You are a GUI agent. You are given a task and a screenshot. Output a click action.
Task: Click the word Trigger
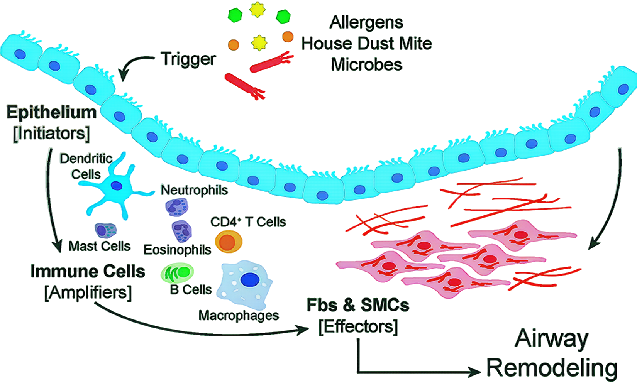pyautogui.click(x=188, y=59)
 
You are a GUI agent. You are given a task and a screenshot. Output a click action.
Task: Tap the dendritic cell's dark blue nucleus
pyautogui.click(x=117, y=186)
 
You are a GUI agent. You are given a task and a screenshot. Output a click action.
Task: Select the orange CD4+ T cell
pyautogui.click(x=229, y=242)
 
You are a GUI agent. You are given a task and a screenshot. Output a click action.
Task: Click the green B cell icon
pyautogui.click(x=177, y=273)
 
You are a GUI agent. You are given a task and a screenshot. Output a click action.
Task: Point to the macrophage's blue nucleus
pyautogui.click(x=250, y=279)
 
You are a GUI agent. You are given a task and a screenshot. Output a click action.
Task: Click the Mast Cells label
pyautogui.click(x=99, y=246)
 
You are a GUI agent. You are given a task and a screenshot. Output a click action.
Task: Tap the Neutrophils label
pyautogui.click(x=194, y=190)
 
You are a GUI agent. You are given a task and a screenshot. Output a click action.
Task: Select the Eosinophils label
pyautogui.click(x=177, y=250)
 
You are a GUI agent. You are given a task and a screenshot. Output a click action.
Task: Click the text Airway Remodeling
pyautogui.click(x=552, y=353)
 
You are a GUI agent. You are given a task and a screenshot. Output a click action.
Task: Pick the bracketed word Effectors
pyautogui.click(x=358, y=327)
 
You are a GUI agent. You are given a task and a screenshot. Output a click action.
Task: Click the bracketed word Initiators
pyautogui.click(x=51, y=133)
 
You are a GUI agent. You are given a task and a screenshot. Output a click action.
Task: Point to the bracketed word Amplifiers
pyautogui.click(x=88, y=292)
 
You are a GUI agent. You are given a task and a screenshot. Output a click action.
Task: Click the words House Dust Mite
pyautogui.click(x=366, y=43)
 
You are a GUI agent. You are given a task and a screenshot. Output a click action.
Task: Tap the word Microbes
pyautogui.click(x=366, y=64)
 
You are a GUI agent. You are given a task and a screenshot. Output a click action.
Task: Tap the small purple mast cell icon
pyautogui.click(x=105, y=230)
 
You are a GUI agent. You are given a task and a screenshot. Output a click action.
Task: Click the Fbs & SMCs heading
pyautogui.click(x=358, y=305)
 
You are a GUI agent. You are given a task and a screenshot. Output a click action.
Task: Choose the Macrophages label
pyautogui.click(x=239, y=315)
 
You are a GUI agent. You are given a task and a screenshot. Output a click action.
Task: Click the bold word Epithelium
pyautogui.click(x=51, y=112)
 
